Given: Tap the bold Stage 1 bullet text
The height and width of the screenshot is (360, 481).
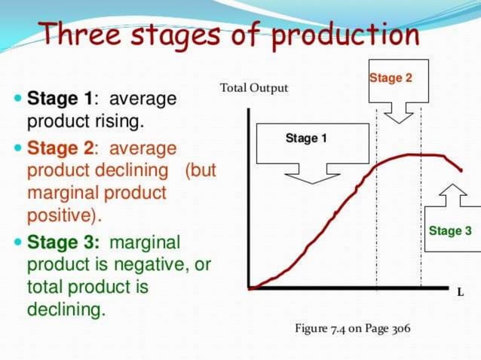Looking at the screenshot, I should click(x=60, y=99).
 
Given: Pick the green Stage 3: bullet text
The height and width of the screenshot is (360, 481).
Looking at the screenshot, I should click(x=63, y=243).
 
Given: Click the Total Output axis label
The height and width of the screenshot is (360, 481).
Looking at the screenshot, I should click(x=254, y=88).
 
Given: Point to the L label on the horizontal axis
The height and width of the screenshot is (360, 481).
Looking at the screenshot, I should click(x=460, y=293).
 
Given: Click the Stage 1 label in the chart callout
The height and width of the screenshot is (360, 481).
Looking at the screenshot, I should click(x=306, y=139).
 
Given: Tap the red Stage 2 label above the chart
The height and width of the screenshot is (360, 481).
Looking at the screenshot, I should click(x=391, y=78).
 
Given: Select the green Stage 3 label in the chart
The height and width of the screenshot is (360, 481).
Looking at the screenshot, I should click(x=450, y=230).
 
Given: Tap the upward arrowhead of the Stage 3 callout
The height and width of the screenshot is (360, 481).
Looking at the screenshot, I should click(x=451, y=191).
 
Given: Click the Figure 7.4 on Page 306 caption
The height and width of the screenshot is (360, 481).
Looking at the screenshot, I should click(x=353, y=330).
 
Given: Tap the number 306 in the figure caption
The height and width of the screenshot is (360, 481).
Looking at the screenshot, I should click(x=401, y=330).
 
